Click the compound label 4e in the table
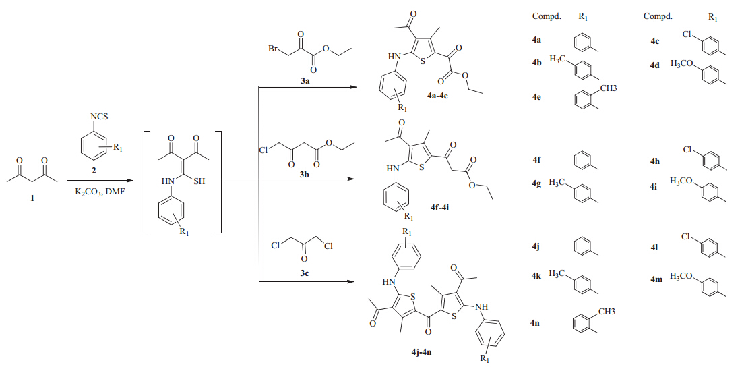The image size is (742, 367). coord(536,97)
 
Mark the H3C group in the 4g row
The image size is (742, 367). coord(557,182)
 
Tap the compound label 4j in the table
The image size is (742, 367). coord(536,248)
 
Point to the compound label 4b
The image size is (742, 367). coord(536,62)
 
